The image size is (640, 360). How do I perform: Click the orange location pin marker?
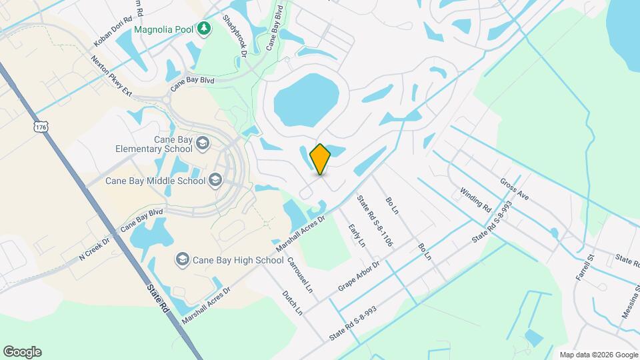coord(321,159)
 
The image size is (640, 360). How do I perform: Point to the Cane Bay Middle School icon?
coord(215,180)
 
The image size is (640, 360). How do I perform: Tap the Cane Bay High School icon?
coord(181,259)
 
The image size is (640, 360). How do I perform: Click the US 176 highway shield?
coord(41,127)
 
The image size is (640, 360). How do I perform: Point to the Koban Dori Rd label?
coord(109,31)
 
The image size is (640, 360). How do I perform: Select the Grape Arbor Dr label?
coord(358,274)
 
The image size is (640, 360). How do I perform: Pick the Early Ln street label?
coord(357,236)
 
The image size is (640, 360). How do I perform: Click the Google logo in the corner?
coord(22,352)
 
